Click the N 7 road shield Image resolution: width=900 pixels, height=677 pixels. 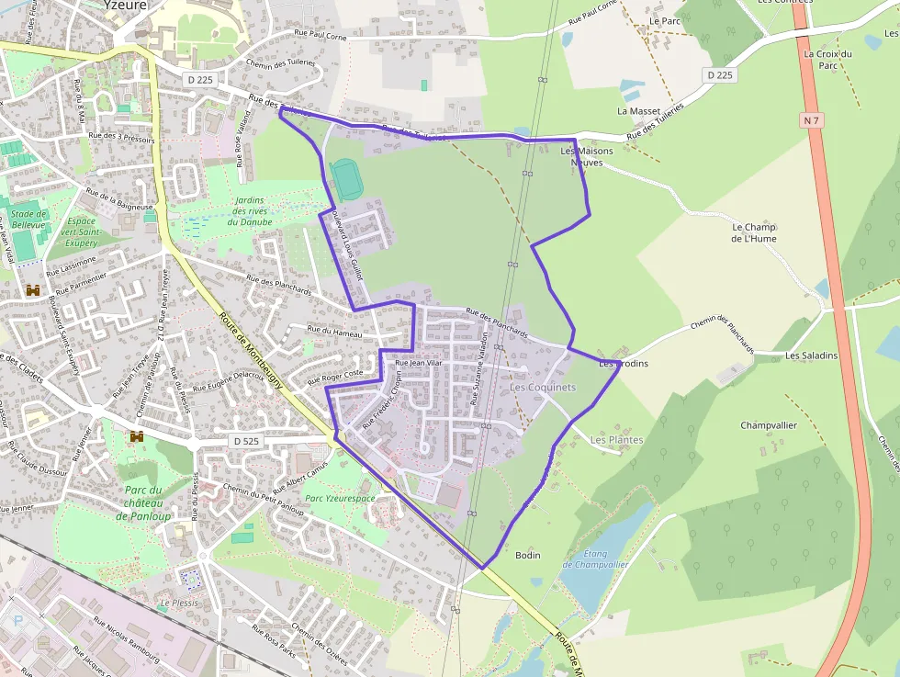810,120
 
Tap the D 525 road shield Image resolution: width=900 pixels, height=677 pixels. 246,442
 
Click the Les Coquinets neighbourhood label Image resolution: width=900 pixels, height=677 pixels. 542,388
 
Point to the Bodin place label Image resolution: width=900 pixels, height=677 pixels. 528,555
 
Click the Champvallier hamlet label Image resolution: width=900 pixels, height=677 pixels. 769,425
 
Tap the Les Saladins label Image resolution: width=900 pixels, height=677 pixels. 812,355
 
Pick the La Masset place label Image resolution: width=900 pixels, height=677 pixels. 639,111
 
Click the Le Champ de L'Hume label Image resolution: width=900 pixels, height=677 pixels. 754,232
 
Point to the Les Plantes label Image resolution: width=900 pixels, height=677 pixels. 616,440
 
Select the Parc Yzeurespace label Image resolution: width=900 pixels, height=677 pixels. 340,498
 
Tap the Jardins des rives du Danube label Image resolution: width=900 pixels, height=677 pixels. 249,210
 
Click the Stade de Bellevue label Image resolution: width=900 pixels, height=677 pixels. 28,220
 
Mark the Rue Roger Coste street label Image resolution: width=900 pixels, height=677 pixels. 336,376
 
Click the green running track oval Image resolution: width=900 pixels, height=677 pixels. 346,179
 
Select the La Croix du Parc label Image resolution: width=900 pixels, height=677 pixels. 827,60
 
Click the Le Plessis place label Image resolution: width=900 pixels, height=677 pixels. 178,604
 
